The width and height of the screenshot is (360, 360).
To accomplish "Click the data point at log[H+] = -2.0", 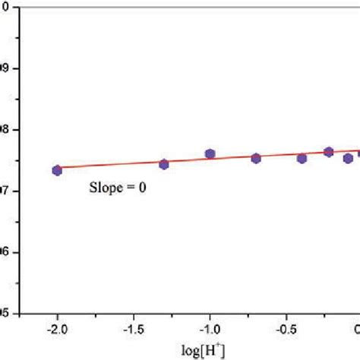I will pyautogui.click(x=57, y=170).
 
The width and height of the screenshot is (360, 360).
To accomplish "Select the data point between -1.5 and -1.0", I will pyautogui.click(x=163, y=164).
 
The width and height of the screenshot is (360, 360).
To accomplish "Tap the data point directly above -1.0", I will pyautogui.click(x=210, y=154).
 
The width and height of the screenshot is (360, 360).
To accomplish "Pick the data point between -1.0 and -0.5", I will pyautogui.click(x=256, y=158).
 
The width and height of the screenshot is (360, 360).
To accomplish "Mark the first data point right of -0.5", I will pyautogui.click(x=302, y=158).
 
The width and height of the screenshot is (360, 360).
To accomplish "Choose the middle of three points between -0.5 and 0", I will pyautogui.click(x=329, y=152).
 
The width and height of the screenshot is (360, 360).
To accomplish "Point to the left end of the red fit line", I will pyautogui.click(x=57, y=167).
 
